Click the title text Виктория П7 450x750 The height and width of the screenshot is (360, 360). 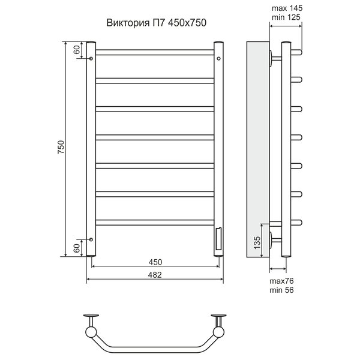(x=156, y=23)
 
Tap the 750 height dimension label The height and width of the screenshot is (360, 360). (x=61, y=147)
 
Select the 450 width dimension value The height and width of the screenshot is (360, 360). (x=155, y=262)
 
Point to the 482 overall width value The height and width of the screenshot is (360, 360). (x=155, y=275)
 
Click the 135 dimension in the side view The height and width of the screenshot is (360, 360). (x=257, y=242)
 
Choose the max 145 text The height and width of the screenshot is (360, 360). (x=287, y=8)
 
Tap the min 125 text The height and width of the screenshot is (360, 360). (x=286, y=17)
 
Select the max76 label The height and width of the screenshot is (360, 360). (x=281, y=281)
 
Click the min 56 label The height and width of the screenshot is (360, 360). (x=281, y=290)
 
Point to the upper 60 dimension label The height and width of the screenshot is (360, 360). (x=77, y=50)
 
